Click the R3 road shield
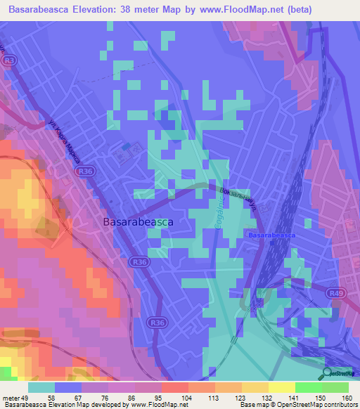pyautogui.click(x=9, y=61)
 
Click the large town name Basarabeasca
pyautogui.click(x=138, y=221)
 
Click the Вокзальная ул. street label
pyautogui.click(x=236, y=201)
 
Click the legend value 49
pyautogui.click(x=26, y=398)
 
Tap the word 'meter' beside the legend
pyautogui.click(x=11, y=398)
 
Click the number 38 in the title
pyautogui.click(x=140, y=9)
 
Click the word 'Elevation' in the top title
pyautogui.click(x=105, y=9)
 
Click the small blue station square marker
pyautogui.click(x=126, y=146)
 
